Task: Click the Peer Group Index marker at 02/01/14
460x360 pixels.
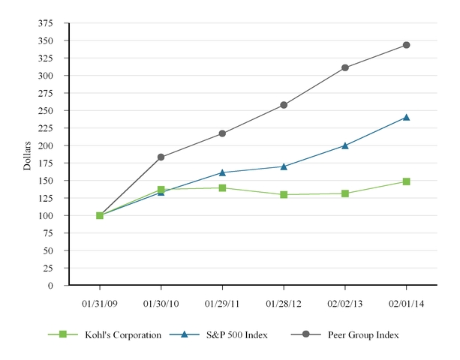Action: (406, 45)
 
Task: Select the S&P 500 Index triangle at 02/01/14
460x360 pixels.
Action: (406, 117)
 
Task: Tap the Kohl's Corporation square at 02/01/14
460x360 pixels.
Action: (406, 181)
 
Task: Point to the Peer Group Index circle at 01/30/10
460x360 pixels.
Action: (161, 157)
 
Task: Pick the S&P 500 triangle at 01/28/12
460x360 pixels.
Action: (284, 166)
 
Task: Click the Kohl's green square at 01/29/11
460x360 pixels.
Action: (222, 187)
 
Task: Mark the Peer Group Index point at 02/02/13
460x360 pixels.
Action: (344, 67)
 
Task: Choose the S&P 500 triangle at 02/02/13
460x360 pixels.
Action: (344, 145)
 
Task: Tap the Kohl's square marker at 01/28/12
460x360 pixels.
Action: (284, 194)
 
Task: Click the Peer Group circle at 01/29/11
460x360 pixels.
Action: (222, 133)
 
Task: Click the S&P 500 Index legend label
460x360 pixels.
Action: (240, 334)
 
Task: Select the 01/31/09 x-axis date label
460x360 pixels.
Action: (100, 305)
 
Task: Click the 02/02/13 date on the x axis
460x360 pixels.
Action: (344, 305)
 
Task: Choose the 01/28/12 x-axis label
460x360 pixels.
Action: (284, 305)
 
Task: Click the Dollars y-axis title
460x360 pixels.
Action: (28, 154)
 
